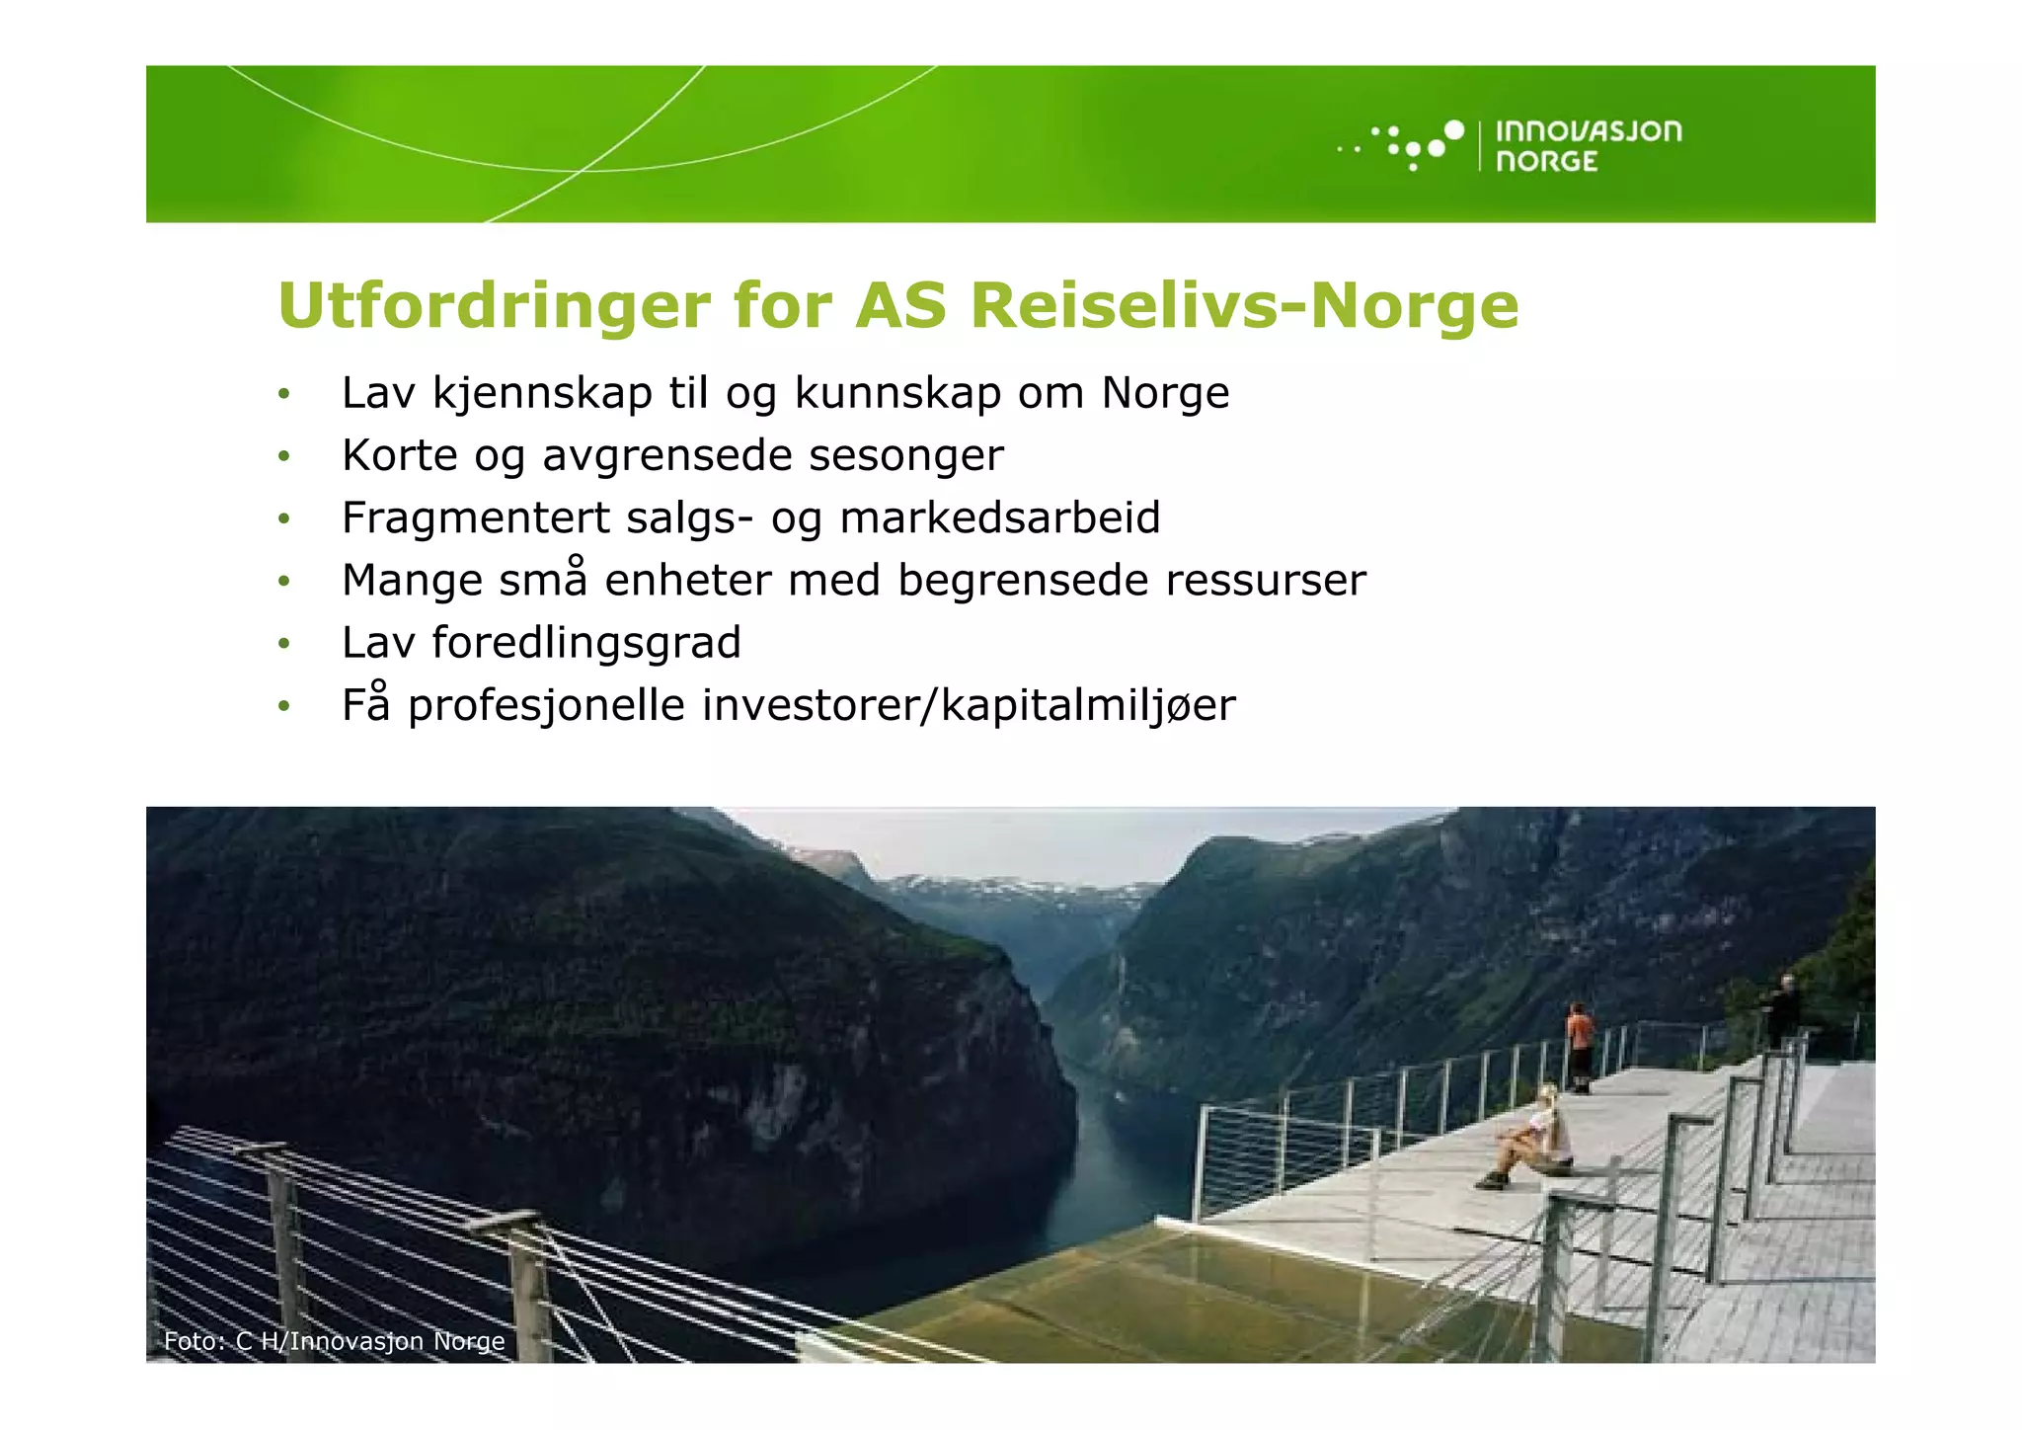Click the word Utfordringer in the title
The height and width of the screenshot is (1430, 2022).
pos(494,306)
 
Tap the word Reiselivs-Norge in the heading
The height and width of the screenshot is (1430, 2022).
pos(1244,306)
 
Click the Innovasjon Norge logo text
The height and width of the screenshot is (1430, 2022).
pos(1588,146)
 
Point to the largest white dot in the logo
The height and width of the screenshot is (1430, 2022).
pos(1453,129)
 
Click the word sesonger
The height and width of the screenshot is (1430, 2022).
pos(905,456)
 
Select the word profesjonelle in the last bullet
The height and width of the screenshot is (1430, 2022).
pos(546,706)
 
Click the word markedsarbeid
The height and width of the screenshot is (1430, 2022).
pos(999,518)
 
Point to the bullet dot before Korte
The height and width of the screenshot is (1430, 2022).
pos(284,457)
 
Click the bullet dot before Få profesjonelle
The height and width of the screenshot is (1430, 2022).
pos(284,707)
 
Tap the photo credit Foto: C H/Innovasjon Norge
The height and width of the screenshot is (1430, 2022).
pos(334,1341)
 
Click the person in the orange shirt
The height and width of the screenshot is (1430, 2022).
pos(1580,1045)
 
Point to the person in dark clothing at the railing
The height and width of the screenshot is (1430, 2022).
pos(1784,1009)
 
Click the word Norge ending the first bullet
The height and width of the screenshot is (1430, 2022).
pos(1165,394)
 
